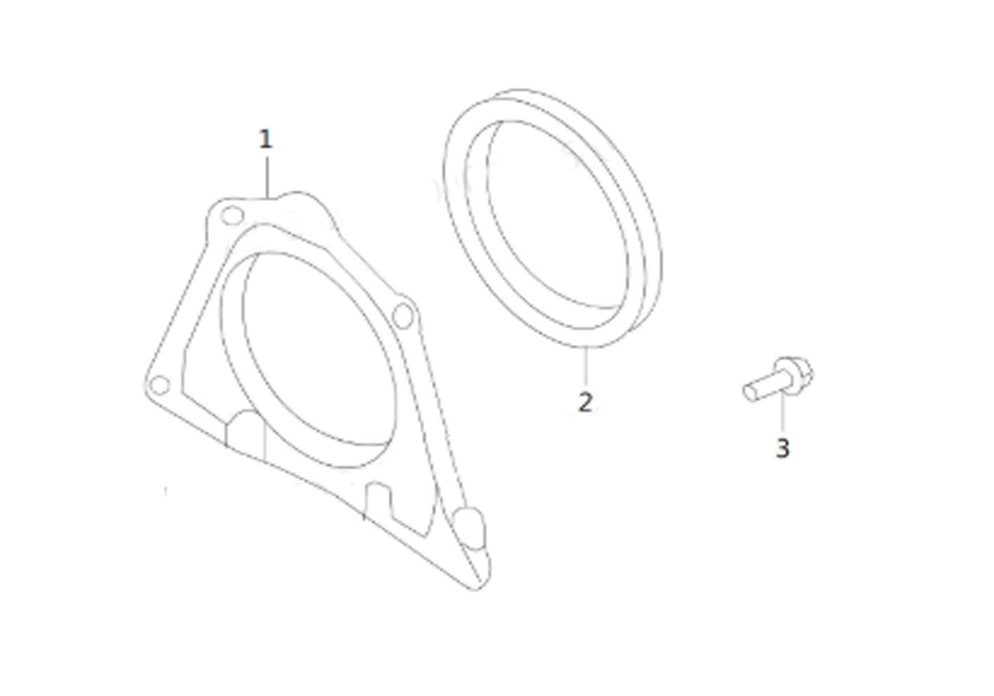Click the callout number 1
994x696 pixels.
(265, 139)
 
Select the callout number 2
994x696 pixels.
(585, 402)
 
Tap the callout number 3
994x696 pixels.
(783, 448)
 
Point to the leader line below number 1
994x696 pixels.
(266, 178)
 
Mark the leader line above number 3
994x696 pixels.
(783, 412)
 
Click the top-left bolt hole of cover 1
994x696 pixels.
(232, 216)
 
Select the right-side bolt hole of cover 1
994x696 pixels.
(403, 315)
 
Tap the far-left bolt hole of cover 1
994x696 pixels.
(159, 385)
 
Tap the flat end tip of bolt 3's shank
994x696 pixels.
(748, 393)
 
